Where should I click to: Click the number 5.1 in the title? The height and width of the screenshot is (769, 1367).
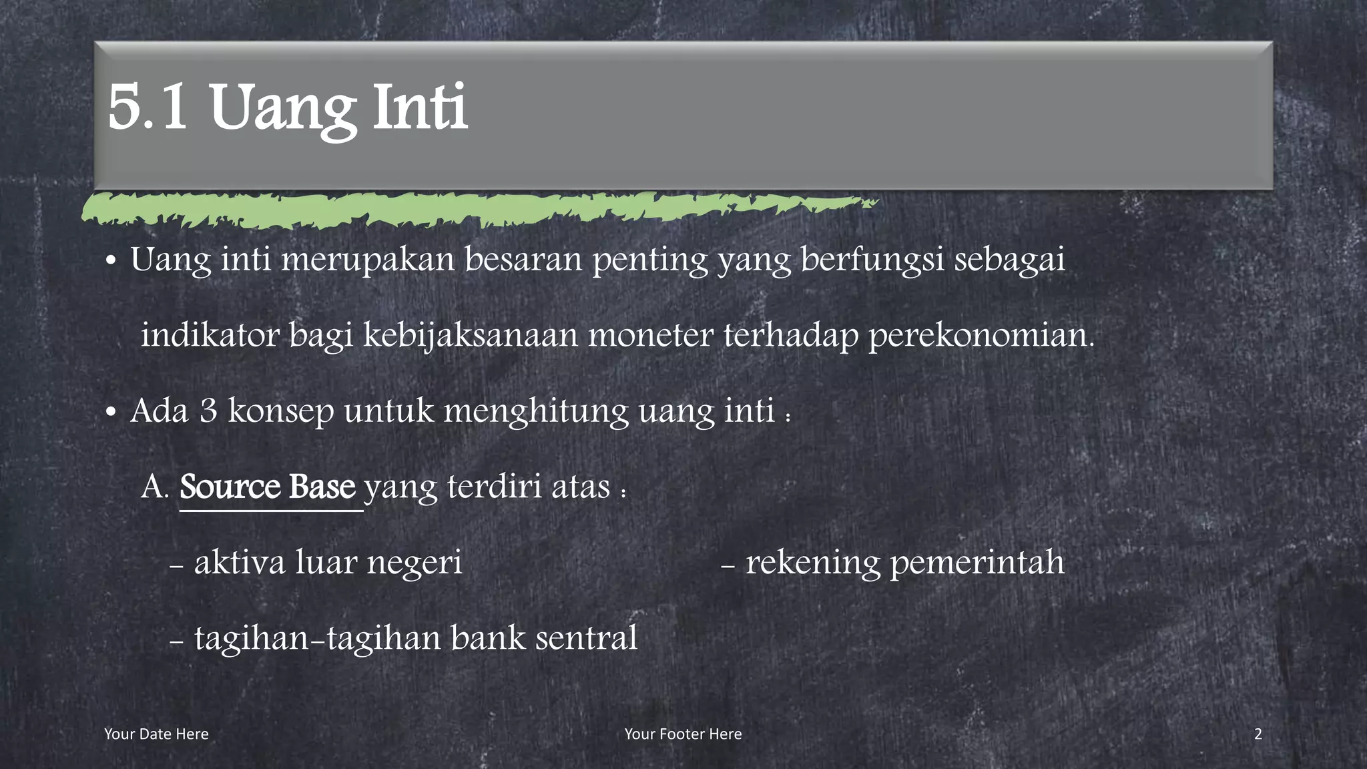(x=148, y=107)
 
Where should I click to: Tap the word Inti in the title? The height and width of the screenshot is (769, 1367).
(x=420, y=107)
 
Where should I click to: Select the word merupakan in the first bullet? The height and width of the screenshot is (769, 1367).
(x=368, y=259)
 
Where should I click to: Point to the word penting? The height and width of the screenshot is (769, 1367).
(x=649, y=260)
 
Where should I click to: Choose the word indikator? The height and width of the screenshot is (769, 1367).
(x=210, y=334)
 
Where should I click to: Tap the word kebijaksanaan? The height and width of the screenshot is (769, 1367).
(x=470, y=336)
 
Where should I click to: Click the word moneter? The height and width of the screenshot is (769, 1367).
(x=651, y=334)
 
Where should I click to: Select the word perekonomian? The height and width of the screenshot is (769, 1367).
(x=981, y=336)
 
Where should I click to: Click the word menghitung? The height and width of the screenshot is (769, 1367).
(x=536, y=411)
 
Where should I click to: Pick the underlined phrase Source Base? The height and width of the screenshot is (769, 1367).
(x=268, y=487)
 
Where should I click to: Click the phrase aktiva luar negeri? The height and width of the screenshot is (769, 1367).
(x=328, y=562)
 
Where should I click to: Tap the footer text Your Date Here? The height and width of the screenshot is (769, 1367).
(x=156, y=734)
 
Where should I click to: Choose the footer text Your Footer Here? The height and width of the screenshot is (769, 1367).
(x=683, y=734)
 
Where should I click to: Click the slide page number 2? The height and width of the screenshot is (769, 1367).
(x=1258, y=734)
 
